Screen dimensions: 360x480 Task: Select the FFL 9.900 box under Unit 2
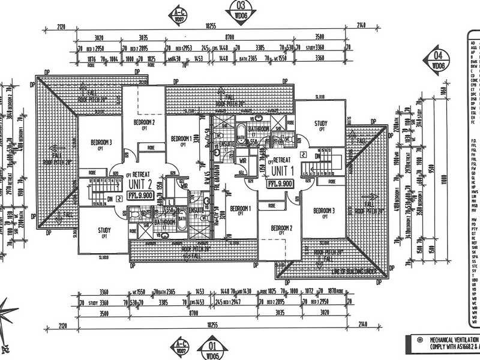[x=140, y=195]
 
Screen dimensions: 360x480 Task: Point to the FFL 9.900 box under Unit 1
[x=281, y=183]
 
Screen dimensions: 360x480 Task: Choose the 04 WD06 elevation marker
[x=439, y=61]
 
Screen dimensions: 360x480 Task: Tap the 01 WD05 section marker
[x=211, y=346]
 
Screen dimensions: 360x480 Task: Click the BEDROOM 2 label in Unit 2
[x=144, y=124]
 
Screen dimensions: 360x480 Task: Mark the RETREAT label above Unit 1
[x=282, y=160]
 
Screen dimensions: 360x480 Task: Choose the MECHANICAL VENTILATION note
[x=454, y=343]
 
